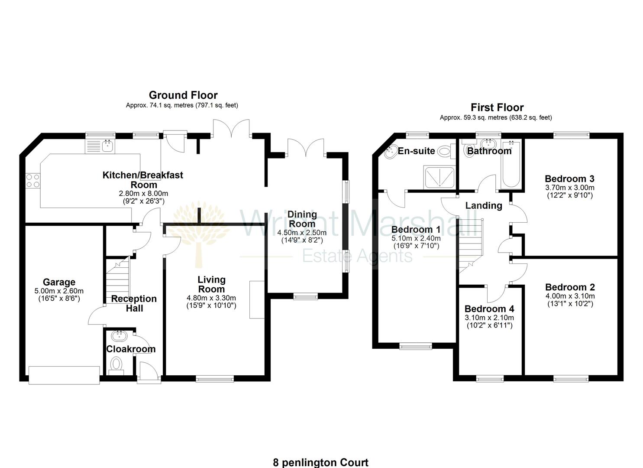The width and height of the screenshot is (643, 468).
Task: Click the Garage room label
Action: click(59, 283)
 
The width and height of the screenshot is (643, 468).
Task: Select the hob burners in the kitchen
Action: click(33, 181)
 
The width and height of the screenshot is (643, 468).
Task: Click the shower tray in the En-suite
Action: click(439, 177)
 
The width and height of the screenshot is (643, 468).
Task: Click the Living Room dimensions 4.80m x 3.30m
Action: click(211, 298)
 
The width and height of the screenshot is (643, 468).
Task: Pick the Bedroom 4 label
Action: click(489, 309)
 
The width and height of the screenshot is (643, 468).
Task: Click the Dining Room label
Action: click(302, 219)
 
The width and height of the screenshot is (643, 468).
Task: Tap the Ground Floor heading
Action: click(183, 95)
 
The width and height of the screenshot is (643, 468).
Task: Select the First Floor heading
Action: click(497, 107)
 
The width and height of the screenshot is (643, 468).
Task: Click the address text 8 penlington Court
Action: click(321, 462)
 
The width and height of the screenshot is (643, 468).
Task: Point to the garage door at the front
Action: click(64, 374)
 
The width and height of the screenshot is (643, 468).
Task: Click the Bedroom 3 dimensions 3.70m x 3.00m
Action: click(569, 188)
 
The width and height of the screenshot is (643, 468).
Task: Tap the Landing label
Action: click(484, 205)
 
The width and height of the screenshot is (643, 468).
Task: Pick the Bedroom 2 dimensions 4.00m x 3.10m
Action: click(570, 296)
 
